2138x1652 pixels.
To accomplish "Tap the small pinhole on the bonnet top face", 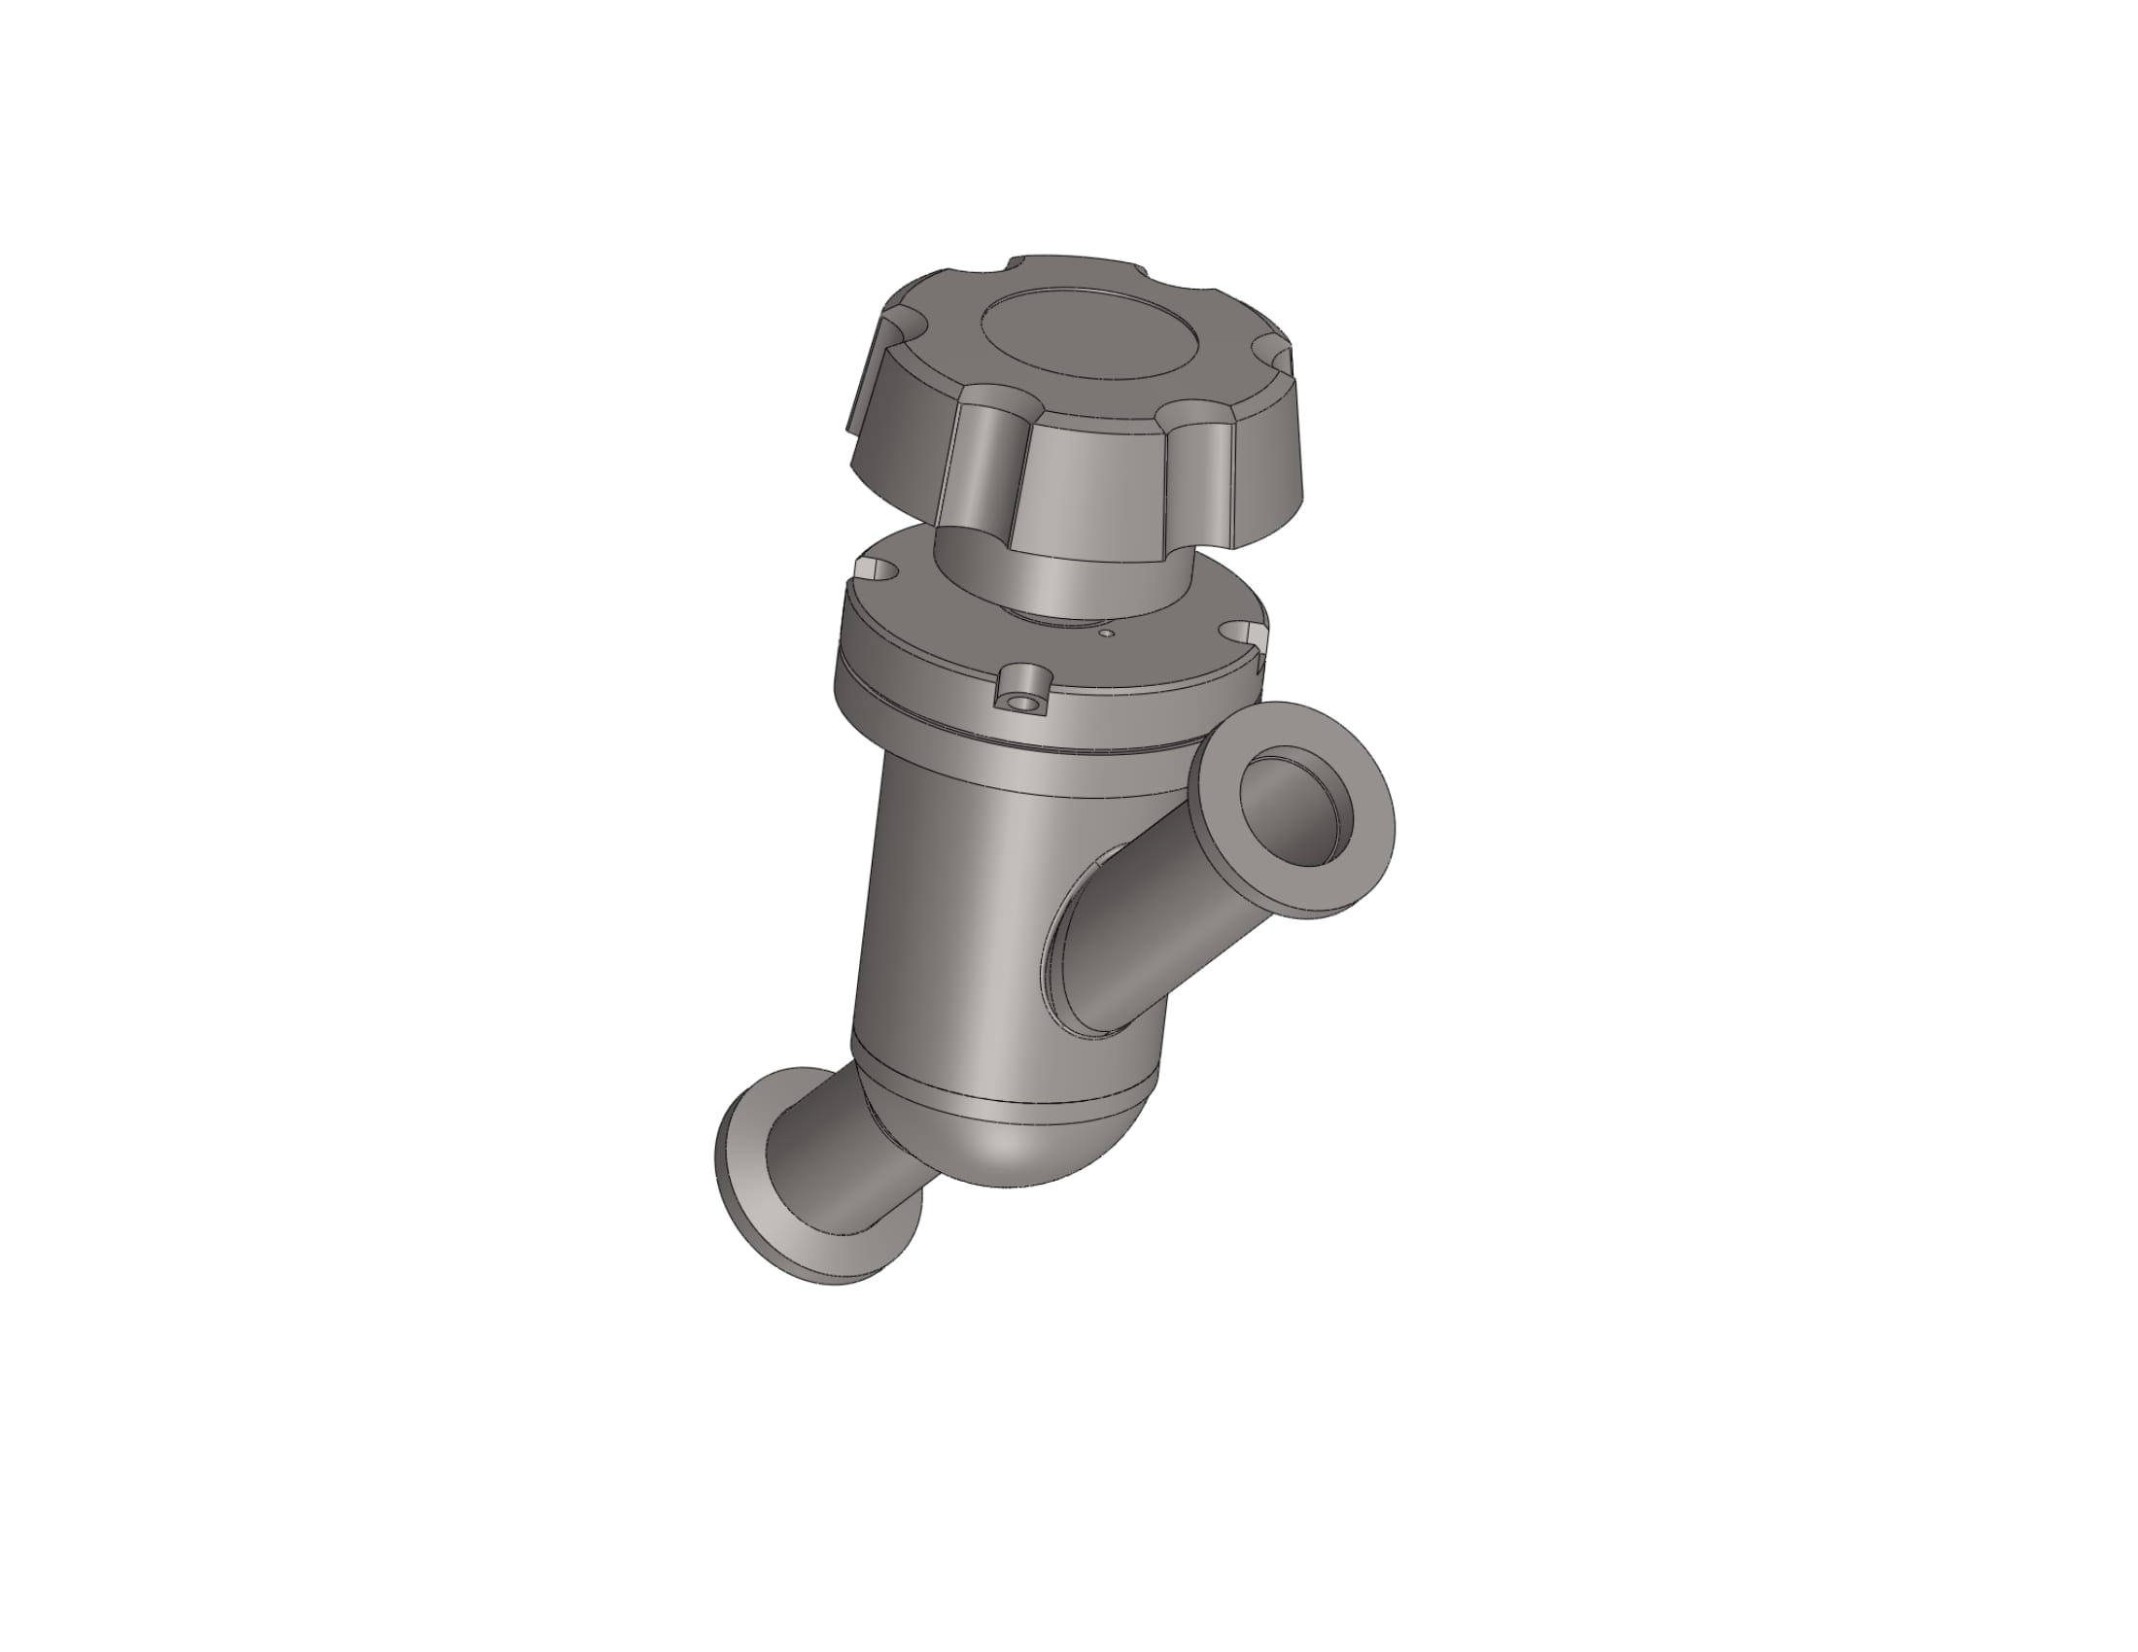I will pyautogui.click(x=1106, y=634).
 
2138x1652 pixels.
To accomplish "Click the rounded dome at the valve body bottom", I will pyautogui.click(x=1028, y=1145).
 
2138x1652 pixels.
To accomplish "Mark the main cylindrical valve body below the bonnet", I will pyautogui.click(x=959, y=911).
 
